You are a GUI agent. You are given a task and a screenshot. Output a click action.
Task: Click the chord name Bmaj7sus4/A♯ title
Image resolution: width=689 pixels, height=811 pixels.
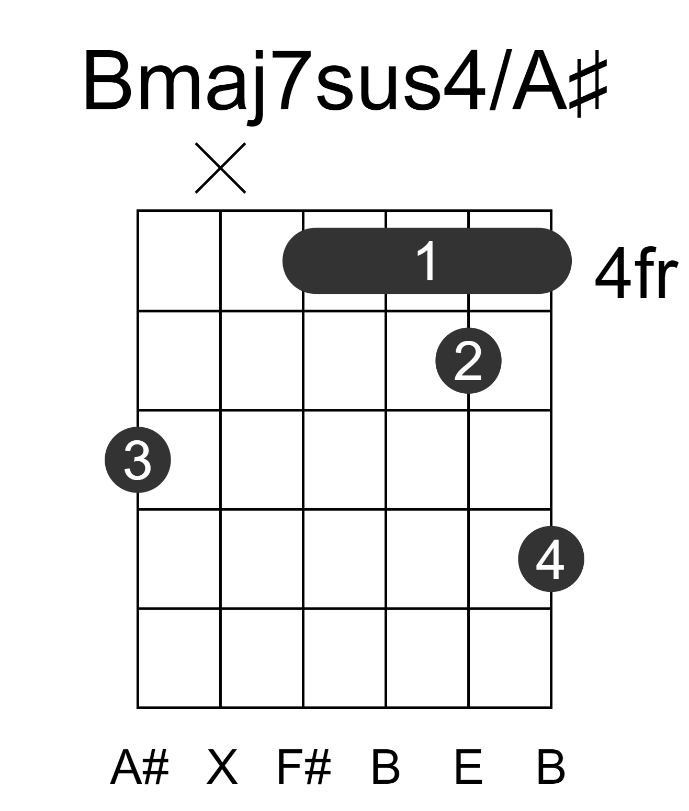pyautogui.click(x=345, y=83)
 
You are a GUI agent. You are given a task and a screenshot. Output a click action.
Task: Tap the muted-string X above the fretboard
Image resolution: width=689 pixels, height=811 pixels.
pyautogui.click(x=220, y=168)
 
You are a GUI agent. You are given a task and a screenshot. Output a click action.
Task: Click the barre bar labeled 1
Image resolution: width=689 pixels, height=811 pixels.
pyautogui.click(x=427, y=260)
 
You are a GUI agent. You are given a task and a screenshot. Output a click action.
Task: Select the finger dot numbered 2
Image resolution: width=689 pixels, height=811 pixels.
pyautogui.click(x=468, y=361)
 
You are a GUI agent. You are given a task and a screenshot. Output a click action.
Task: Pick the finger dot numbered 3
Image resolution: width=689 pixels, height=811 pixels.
pyautogui.click(x=138, y=460)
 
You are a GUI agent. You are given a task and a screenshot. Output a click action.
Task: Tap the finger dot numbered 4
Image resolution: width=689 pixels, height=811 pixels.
pyautogui.click(x=551, y=559)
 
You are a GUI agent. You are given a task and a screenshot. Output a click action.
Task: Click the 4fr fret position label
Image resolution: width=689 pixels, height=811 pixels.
pyautogui.click(x=636, y=273)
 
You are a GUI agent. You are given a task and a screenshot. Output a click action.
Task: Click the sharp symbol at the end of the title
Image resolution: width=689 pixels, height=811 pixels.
pyautogui.click(x=589, y=83)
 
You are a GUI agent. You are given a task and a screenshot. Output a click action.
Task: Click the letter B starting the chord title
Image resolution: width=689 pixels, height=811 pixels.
pyautogui.click(x=107, y=80)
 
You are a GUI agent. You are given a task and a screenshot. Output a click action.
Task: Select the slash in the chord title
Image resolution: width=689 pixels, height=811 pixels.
pyautogui.click(x=498, y=80)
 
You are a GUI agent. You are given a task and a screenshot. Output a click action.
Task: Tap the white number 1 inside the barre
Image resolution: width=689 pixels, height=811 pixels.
pyautogui.click(x=427, y=261)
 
